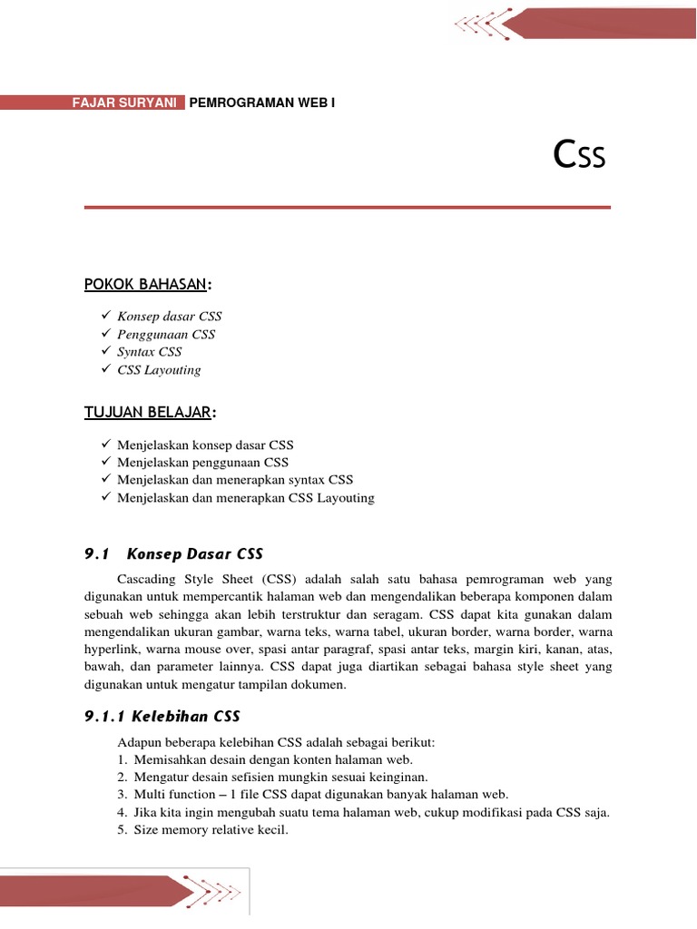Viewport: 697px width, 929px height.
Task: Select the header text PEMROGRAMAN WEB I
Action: coord(261,103)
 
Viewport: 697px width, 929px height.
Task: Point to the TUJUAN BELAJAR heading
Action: coord(148,414)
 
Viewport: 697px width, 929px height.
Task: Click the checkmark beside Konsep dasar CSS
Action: coord(107,317)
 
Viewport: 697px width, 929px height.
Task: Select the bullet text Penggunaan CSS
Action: coord(166,335)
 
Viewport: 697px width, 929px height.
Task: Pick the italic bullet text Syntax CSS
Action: coord(150,352)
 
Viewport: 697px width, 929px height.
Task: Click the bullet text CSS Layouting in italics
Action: coord(159,370)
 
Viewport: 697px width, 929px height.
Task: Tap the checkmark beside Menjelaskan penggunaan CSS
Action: coord(107,463)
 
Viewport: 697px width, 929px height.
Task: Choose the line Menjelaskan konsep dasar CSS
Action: coord(205,445)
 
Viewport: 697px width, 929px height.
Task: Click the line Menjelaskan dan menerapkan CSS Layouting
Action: coord(245,498)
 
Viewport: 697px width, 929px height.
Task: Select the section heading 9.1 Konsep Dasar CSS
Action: coord(173,553)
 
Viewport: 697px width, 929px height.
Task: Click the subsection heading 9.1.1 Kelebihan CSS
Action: coord(162,716)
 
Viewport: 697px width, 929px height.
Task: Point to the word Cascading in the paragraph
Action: coord(149,579)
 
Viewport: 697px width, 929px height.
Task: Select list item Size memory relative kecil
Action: coord(211,829)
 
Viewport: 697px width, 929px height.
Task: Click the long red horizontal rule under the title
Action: coord(348,208)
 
